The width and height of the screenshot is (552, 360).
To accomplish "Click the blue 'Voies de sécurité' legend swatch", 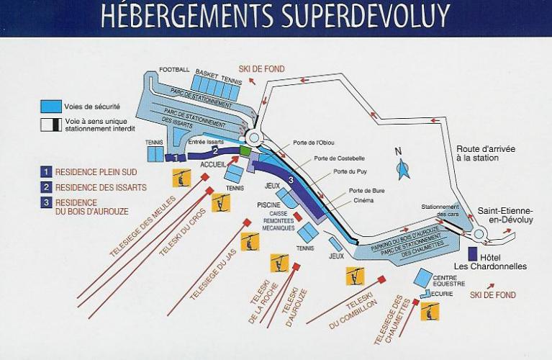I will pyautogui.click(x=51, y=106).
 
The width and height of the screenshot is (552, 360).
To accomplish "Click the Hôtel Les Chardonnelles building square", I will pyautogui.click(x=473, y=254).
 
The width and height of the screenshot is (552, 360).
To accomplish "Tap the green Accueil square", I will pyautogui.click(x=245, y=151).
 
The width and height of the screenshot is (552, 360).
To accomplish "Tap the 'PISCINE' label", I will pyautogui.click(x=268, y=204).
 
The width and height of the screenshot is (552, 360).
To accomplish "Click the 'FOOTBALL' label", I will pyautogui.click(x=174, y=70).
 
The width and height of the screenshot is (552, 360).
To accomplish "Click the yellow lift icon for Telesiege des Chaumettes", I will pyautogui.click(x=430, y=310).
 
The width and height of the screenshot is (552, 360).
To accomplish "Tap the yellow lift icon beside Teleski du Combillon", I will pyautogui.click(x=356, y=275).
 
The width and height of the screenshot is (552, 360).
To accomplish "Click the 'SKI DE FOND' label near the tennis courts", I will pyautogui.click(x=262, y=69).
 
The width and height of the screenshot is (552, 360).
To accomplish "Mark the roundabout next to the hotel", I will pyautogui.click(x=479, y=233).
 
